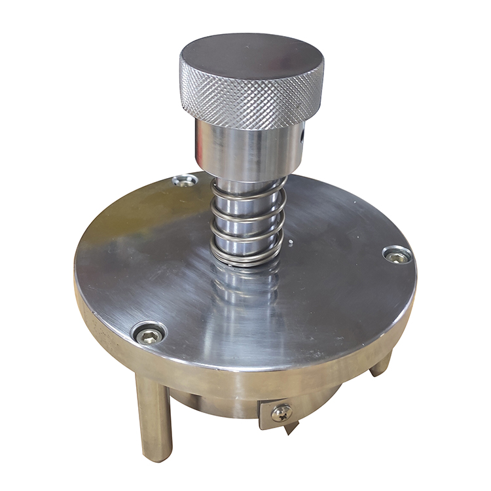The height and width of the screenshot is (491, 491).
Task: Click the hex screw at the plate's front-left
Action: click(150, 335)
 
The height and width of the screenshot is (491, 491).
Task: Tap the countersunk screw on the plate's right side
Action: click(397, 255)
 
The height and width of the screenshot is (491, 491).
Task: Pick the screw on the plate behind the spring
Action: click(185, 180)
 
